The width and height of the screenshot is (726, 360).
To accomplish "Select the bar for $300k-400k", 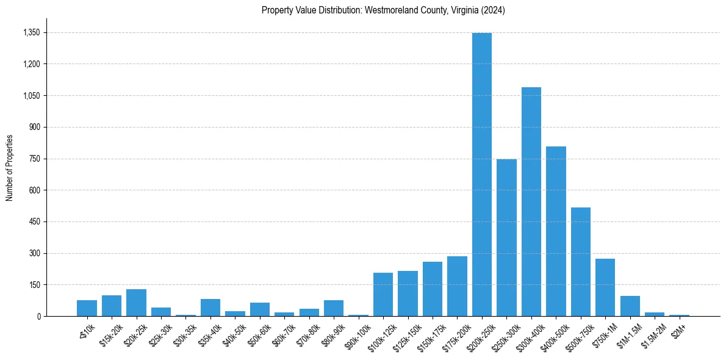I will pos(531,201).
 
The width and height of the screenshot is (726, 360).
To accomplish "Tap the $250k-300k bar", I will pos(506,237).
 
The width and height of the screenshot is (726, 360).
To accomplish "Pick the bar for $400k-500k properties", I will pos(556,231).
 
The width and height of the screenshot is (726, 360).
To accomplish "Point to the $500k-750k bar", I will pos(581,262).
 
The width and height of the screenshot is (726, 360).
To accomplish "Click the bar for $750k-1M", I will pos(605,287).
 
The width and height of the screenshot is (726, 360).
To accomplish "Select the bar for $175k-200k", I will pos(457,286).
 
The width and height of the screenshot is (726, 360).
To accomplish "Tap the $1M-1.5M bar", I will pos(630,306).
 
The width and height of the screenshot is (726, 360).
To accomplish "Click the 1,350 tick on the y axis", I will pos(31,32).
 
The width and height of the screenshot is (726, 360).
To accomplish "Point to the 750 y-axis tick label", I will pos(34,159).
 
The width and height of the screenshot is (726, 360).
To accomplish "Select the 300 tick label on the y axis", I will pos(34,253).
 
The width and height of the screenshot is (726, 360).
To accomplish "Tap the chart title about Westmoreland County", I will pos(383,10).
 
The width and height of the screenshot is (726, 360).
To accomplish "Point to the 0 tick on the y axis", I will pos(38,316).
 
